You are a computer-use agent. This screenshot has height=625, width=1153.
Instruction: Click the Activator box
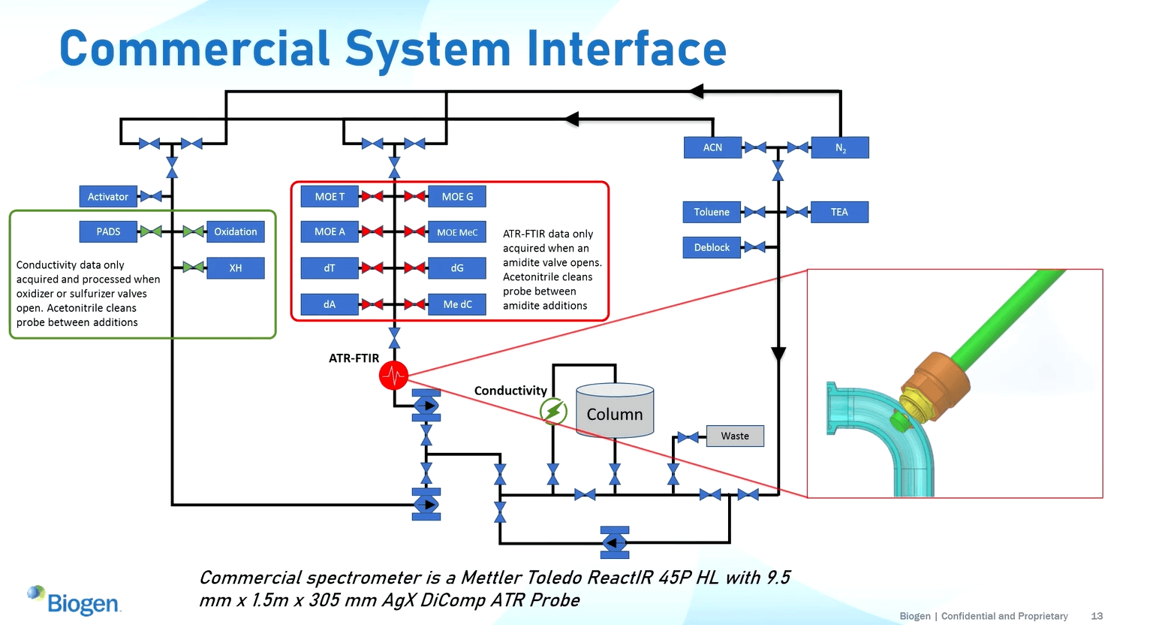[x=108, y=197]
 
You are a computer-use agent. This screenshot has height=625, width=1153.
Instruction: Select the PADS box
[x=108, y=231]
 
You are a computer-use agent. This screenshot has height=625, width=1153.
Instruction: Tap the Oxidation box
[x=235, y=231]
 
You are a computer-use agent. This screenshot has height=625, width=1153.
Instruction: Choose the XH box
[x=235, y=268]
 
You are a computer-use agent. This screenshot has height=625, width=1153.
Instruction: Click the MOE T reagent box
[x=330, y=197]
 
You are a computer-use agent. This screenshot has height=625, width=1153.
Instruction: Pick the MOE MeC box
[x=457, y=232]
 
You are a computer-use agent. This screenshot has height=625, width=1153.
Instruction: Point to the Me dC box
[x=457, y=304]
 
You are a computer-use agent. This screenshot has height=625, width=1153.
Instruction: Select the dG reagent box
[x=457, y=268]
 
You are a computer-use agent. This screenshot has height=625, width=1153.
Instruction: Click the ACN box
[x=712, y=147]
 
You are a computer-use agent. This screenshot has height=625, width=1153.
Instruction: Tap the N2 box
[x=840, y=147]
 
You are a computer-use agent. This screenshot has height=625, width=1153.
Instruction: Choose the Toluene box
[x=712, y=212]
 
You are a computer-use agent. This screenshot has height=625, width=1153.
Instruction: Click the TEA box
[x=839, y=212]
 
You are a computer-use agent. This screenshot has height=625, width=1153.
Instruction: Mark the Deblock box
[x=712, y=247]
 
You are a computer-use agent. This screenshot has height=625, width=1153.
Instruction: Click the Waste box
[x=735, y=436]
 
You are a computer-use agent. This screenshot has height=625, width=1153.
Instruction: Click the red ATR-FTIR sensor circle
[x=393, y=375]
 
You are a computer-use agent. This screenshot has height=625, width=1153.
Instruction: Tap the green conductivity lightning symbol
[x=553, y=411]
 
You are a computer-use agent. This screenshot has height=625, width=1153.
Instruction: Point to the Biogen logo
[x=75, y=601]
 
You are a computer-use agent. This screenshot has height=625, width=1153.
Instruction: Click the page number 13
[x=1097, y=616]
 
